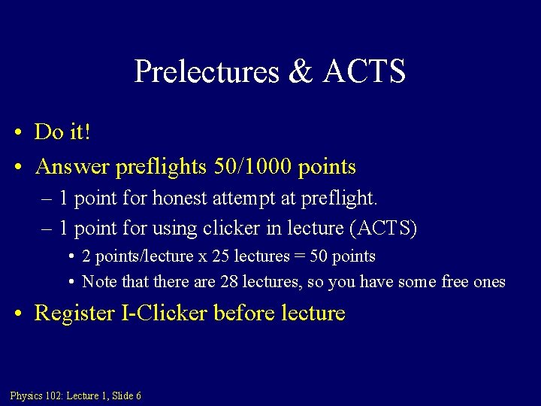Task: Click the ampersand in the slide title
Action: [x=299, y=72]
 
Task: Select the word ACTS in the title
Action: [x=364, y=72]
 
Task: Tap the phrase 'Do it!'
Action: [x=63, y=132]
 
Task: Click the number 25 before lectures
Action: [x=220, y=256]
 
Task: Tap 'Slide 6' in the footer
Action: [x=127, y=396]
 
